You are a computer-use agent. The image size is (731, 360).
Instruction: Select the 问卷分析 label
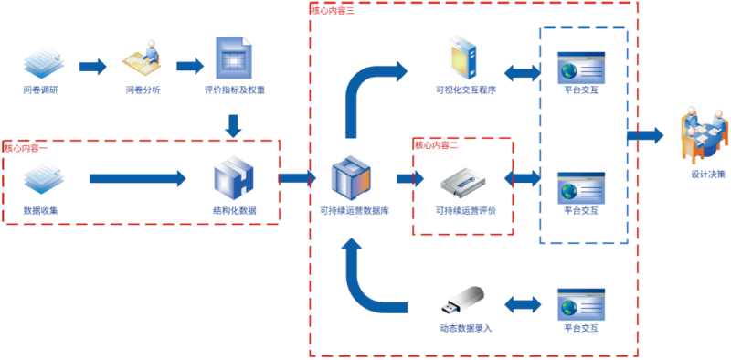click(143, 90)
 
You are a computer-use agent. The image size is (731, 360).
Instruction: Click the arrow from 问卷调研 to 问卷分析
click(92, 67)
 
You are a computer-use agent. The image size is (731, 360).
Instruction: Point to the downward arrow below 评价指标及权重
click(234, 124)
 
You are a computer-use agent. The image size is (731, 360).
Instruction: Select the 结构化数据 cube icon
click(233, 177)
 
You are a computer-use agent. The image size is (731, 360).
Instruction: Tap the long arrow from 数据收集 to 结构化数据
click(136, 177)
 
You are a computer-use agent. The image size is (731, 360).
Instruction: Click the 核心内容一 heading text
click(26, 147)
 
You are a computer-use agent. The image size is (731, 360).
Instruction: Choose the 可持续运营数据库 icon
click(353, 177)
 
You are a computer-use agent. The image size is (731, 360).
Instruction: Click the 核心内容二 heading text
click(436, 144)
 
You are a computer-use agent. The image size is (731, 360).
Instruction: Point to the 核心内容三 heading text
click(333, 10)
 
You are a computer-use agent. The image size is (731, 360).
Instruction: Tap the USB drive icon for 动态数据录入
click(465, 302)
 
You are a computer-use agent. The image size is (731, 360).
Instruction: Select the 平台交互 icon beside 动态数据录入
click(581, 302)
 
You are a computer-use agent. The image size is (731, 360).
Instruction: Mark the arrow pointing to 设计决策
click(645, 136)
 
